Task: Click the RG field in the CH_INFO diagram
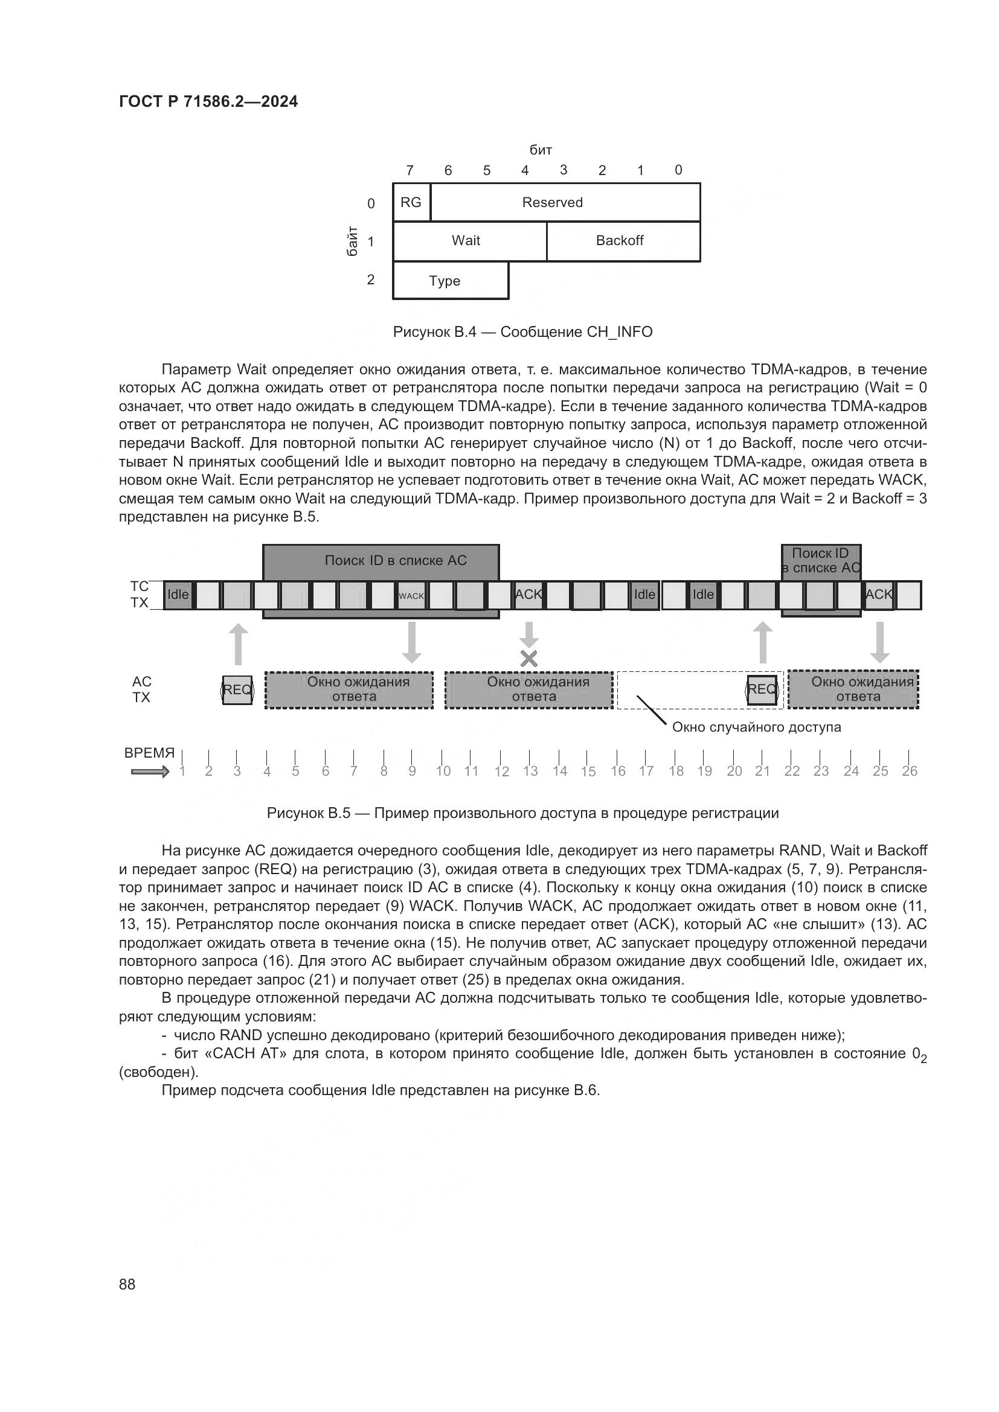(x=411, y=202)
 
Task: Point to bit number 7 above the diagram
(x=410, y=170)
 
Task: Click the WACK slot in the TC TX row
(x=411, y=595)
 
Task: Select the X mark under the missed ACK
(x=529, y=659)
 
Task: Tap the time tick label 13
(x=530, y=771)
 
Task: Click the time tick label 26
(x=909, y=771)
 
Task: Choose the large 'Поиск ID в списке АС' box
(x=381, y=561)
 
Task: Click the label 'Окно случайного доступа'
(x=756, y=727)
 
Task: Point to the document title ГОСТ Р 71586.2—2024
(x=208, y=101)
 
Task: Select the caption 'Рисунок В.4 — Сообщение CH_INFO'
(x=522, y=332)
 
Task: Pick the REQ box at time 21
(x=762, y=689)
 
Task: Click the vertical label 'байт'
(x=353, y=241)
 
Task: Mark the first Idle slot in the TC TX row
(x=178, y=595)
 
